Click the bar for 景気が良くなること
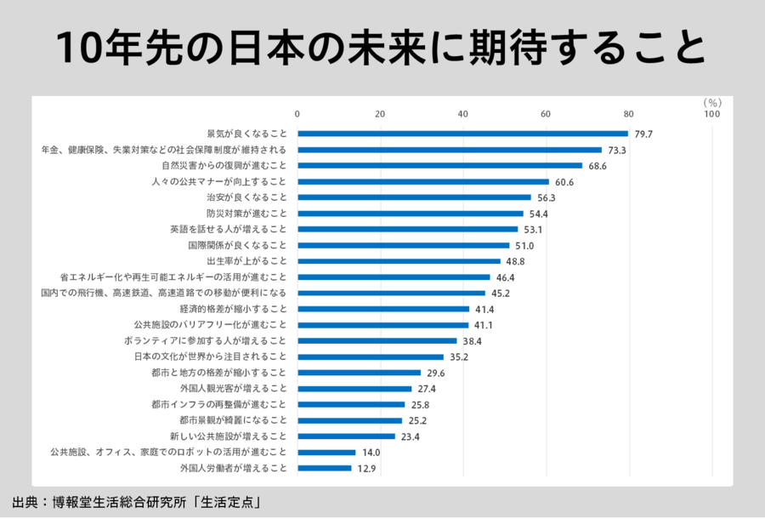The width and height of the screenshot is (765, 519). click(x=462, y=134)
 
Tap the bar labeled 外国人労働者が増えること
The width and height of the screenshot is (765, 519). click(x=324, y=468)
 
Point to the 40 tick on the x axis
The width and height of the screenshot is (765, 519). click(x=462, y=114)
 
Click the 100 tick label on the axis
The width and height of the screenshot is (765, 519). click(x=711, y=114)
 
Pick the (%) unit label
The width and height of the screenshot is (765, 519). click(x=711, y=102)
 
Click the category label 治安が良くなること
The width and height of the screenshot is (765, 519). click(x=246, y=197)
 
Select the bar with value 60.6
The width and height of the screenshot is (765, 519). click(x=423, y=181)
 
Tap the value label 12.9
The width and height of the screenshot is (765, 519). click(x=366, y=468)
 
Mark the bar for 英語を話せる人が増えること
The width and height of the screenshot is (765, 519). click(x=407, y=229)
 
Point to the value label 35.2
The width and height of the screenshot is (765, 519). click(x=459, y=356)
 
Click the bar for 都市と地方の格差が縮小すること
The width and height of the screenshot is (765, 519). click(x=359, y=373)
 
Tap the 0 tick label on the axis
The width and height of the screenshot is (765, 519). click(x=297, y=114)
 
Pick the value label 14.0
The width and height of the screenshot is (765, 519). click(x=371, y=453)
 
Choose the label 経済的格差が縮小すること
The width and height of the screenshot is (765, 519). click(x=234, y=309)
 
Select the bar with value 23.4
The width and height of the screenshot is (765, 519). click(x=346, y=436)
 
